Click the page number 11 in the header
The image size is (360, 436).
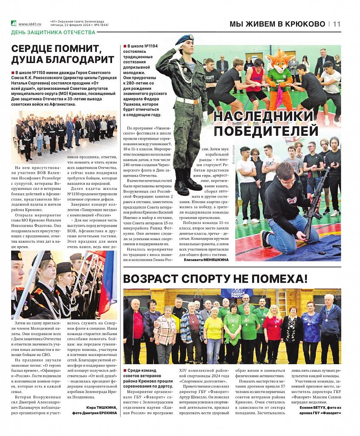[x=337, y=24]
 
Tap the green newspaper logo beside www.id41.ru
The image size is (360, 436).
[x=14, y=24]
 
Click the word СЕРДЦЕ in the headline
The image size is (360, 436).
[x=37, y=49]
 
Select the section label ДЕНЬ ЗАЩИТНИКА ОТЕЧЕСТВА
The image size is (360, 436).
[x=53, y=32]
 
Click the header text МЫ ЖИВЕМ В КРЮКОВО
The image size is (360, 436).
[x=277, y=24]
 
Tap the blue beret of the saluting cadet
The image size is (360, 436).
[x=184, y=40]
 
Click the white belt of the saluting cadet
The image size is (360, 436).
[x=189, y=100]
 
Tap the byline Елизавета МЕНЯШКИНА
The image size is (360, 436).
[x=206, y=259]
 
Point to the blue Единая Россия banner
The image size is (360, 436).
[x=236, y=293]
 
